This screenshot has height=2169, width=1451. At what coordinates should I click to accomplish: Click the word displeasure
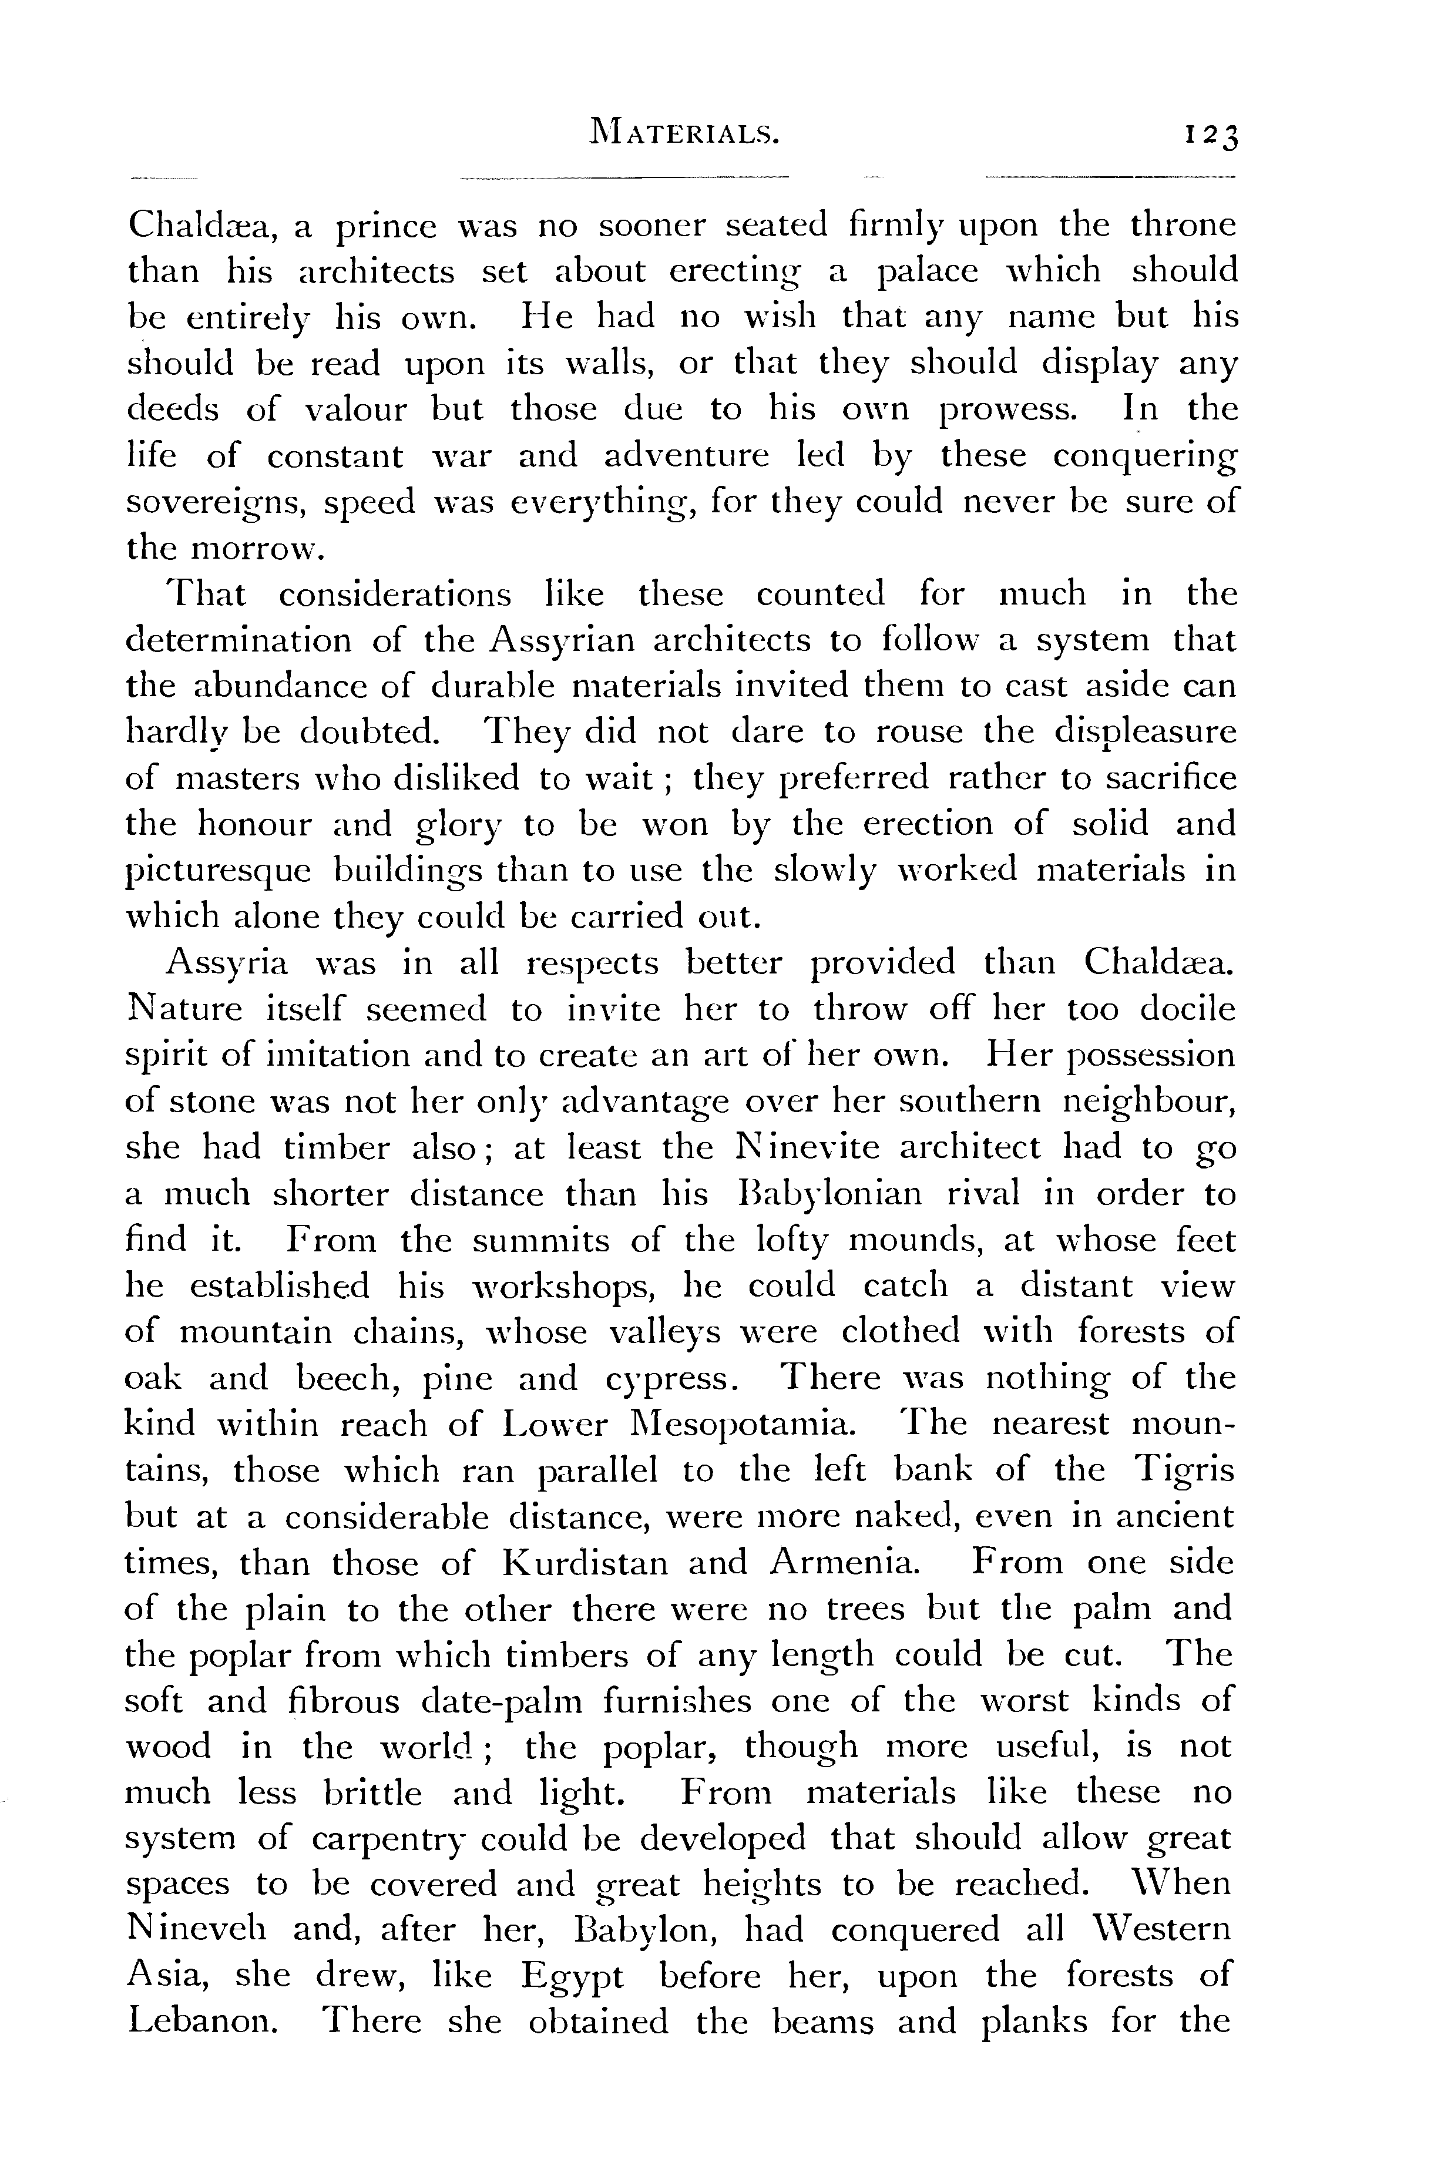pos(1145,733)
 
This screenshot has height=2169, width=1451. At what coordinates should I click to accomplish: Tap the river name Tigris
pos(1184,1471)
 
